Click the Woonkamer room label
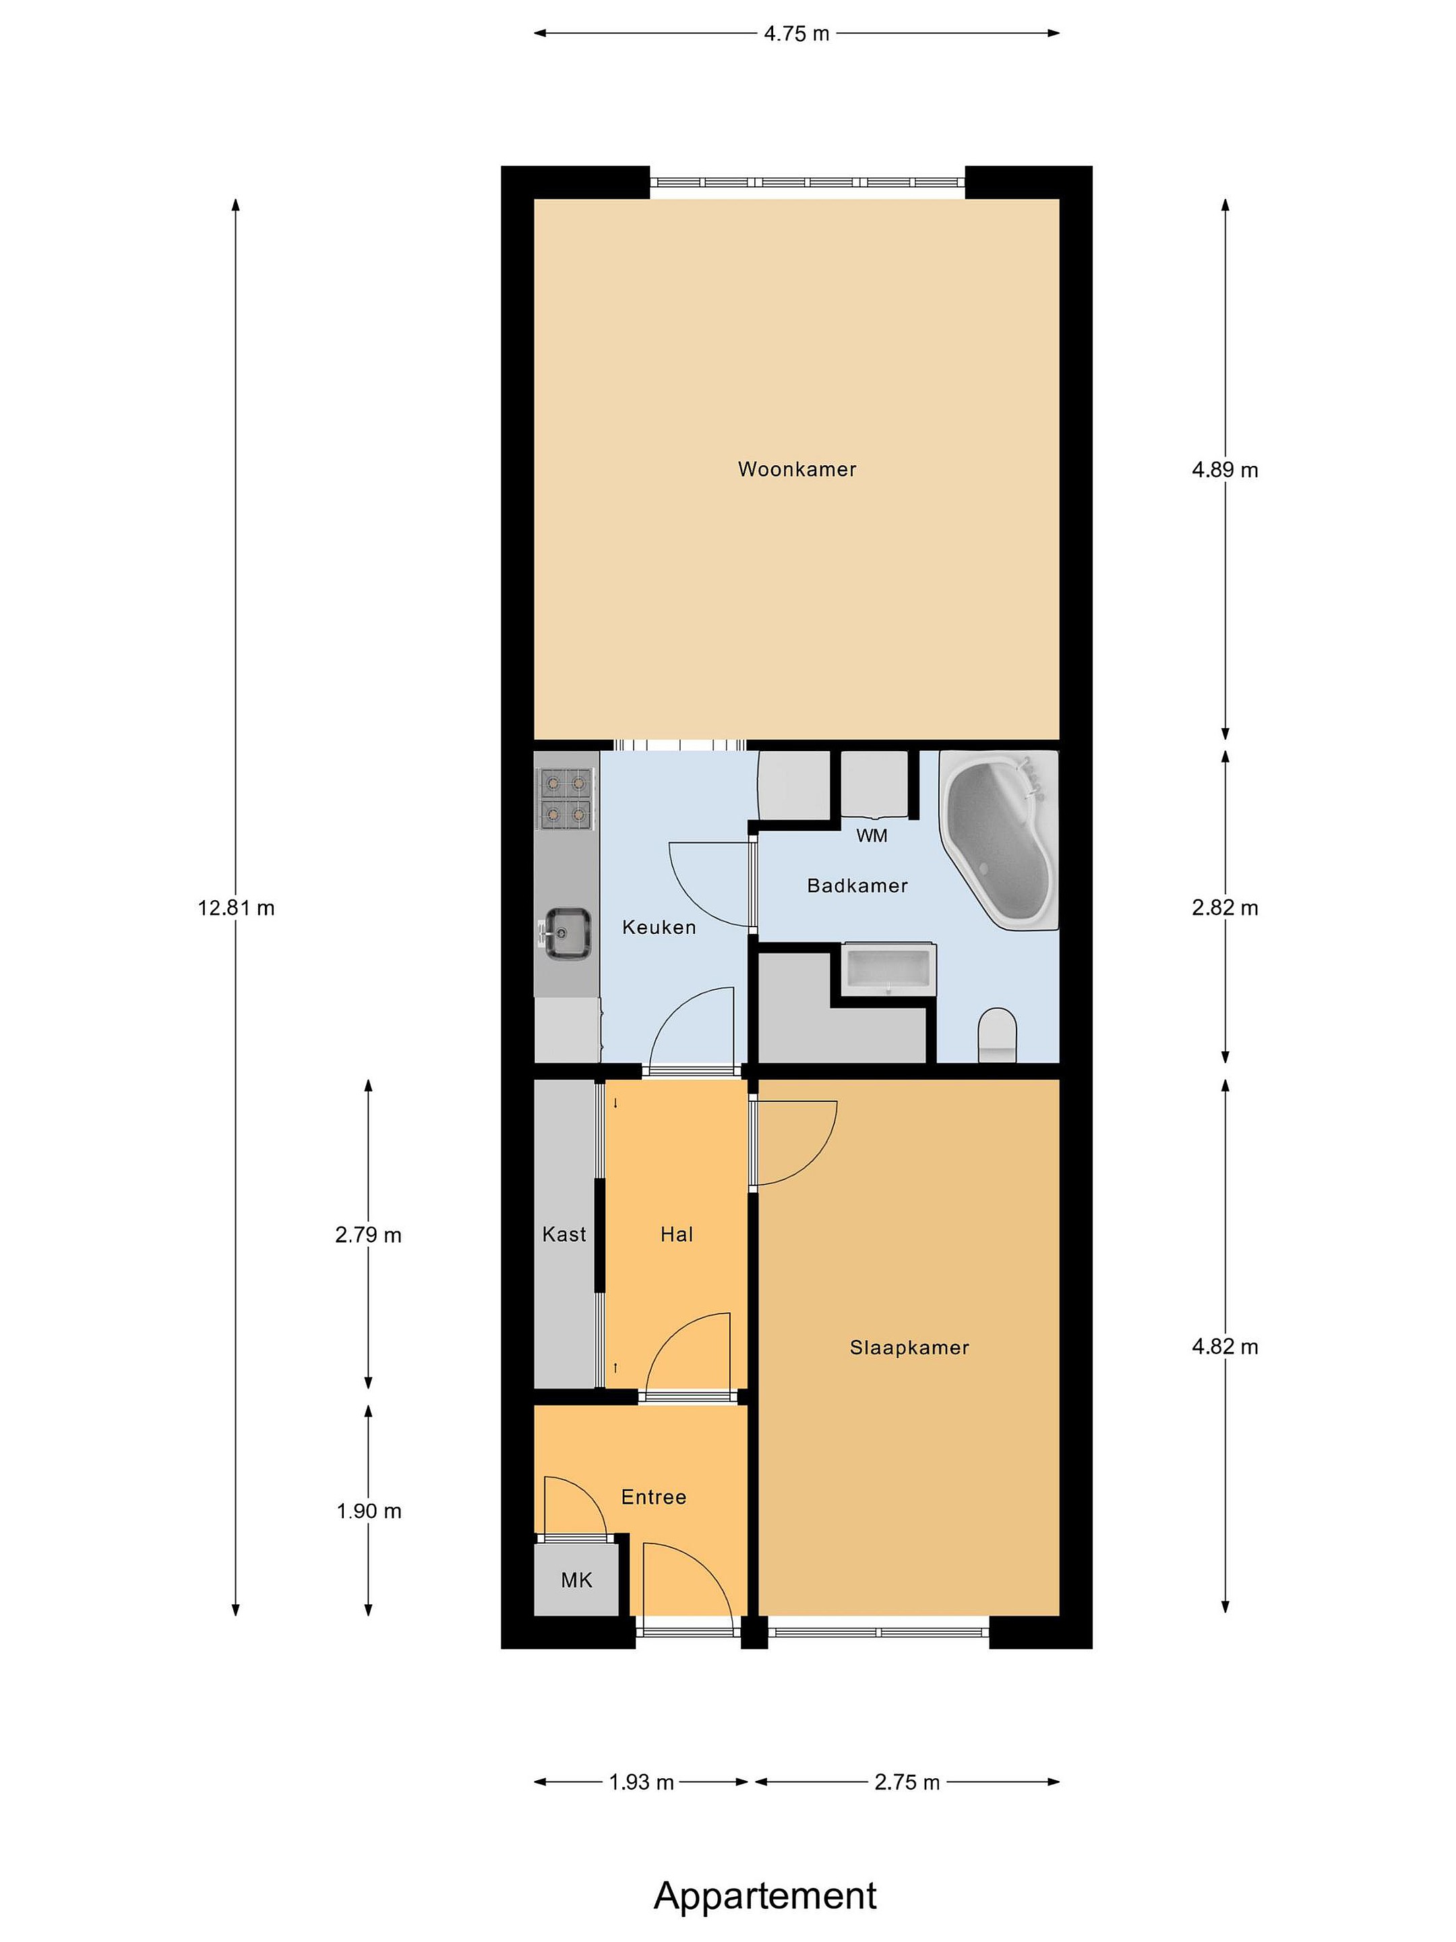[796, 469]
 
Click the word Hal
[677, 1235]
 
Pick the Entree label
[654, 1497]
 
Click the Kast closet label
[564, 1235]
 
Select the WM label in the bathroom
[872, 835]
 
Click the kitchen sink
[566, 933]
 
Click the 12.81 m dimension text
[236, 908]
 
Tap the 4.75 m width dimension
[796, 33]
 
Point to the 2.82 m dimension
[1224, 908]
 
